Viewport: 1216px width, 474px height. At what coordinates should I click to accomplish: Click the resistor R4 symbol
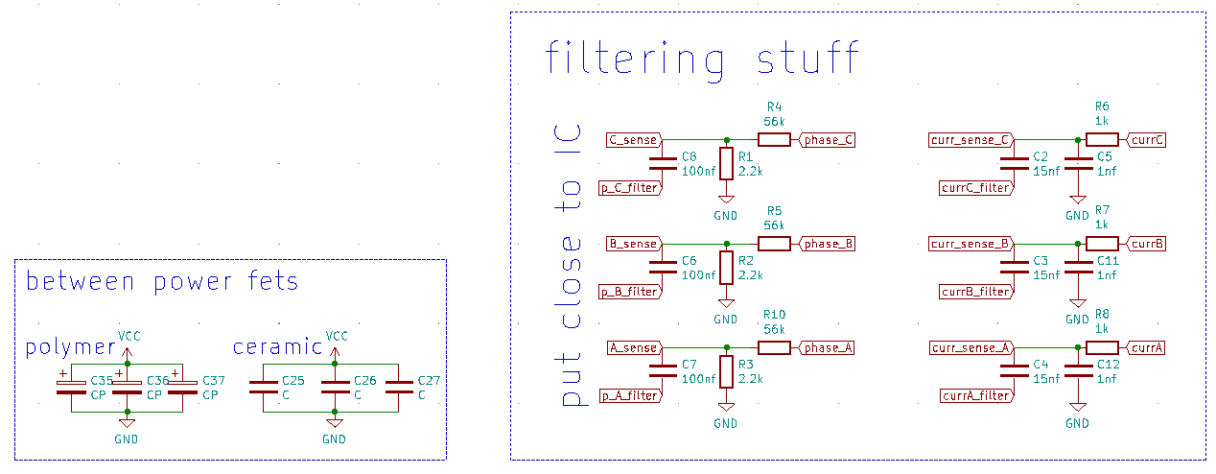[x=774, y=140]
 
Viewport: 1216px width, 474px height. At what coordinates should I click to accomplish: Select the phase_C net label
[x=828, y=140]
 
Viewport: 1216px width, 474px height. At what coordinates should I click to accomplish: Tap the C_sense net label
[x=633, y=140]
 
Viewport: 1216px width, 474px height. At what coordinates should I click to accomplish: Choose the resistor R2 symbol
[x=726, y=268]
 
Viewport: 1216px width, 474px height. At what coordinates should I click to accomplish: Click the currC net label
[x=1147, y=140]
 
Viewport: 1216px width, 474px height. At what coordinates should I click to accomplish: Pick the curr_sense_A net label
[x=970, y=348]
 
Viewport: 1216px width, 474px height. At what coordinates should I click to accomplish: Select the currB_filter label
[x=975, y=292]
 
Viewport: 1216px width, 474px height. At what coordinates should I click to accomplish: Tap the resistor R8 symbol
[x=1102, y=347]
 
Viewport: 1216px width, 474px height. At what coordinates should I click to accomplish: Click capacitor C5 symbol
[x=1078, y=163]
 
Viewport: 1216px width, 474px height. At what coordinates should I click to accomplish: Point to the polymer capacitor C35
[x=71, y=387]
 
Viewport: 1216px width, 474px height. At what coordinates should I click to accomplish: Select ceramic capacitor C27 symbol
[x=399, y=387]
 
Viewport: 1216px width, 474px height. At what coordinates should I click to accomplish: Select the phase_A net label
[x=827, y=348]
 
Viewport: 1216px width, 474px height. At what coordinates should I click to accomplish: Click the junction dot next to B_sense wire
[x=726, y=244]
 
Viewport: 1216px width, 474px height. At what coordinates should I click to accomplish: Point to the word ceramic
[x=277, y=346]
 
